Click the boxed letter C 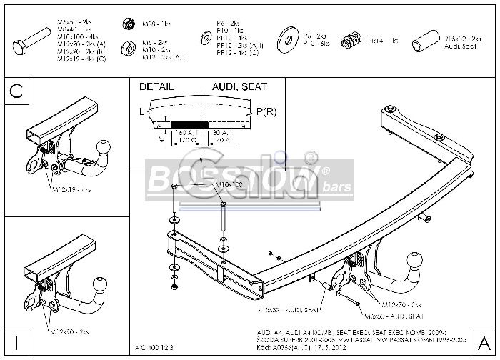coord(17,91)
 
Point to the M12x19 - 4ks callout coord(71,190)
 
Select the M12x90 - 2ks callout coord(70,331)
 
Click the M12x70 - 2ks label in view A coord(404,305)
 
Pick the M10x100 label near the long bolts coord(229,185)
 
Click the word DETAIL coord(156,86)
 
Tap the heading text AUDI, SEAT coord(239,86)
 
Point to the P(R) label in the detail coord(266,111)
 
